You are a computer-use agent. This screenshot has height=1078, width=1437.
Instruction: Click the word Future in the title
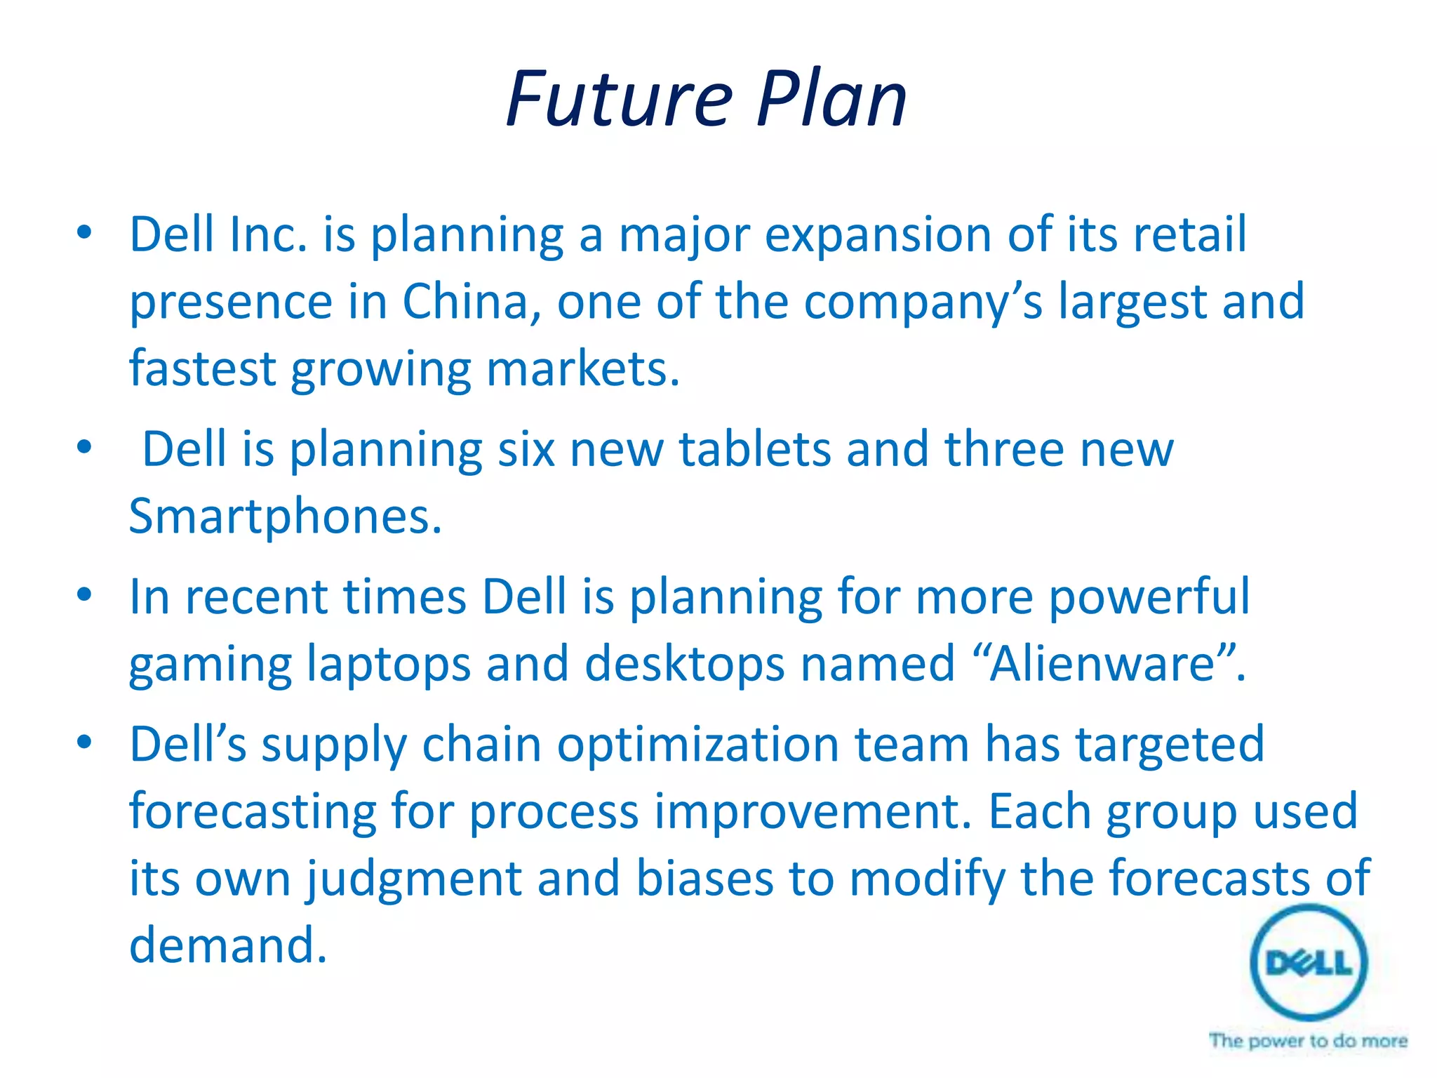(619, 100)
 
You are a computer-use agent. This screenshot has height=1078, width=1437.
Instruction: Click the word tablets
(754, 449)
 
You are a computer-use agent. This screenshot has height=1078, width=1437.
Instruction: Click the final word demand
(228, 946)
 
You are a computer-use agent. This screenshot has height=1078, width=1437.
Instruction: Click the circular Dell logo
(1309, 962)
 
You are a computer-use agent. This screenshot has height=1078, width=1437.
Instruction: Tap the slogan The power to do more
(1308, 1041)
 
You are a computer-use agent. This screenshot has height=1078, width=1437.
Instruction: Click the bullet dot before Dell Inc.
(84, 234)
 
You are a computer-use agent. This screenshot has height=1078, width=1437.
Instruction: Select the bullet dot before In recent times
(84, 596)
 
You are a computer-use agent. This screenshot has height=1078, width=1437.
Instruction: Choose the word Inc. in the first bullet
(268, 234)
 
